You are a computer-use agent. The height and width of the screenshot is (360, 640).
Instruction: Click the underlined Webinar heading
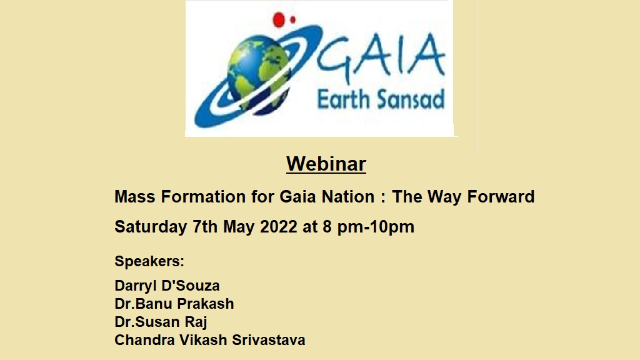(326, 164)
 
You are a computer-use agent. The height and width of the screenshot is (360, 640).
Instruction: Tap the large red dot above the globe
(279, 18)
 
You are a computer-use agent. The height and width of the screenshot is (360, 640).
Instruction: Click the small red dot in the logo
(292, 19)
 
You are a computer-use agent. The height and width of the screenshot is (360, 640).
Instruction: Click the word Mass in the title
(135, 197)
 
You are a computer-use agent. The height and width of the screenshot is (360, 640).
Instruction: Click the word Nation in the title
(348, 197)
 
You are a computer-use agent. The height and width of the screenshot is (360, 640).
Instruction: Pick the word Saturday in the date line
(151, 227)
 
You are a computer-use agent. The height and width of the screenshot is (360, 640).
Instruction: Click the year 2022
(279, 227)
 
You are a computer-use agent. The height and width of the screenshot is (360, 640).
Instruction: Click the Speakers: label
(149, 261)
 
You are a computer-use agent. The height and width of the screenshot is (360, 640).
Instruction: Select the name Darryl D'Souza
(167, 286)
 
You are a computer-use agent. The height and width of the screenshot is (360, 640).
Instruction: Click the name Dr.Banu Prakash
(174, 304)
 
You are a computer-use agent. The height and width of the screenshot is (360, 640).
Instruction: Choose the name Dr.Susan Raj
(161, 322)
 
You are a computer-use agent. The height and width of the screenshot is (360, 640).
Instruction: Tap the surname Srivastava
(269, 340)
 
